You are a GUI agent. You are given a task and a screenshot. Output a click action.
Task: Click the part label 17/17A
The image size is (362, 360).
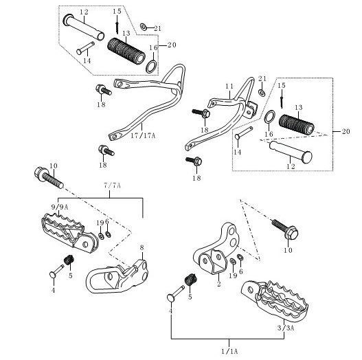point(143,135)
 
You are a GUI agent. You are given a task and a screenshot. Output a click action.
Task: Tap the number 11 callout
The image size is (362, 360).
point(229,87)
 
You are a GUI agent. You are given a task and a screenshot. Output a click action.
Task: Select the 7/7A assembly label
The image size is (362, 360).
point(113,185)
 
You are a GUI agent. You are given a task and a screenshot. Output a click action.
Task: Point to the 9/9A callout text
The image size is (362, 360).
point(60,207)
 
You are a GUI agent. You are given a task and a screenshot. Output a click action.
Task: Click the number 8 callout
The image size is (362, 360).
point(142,247)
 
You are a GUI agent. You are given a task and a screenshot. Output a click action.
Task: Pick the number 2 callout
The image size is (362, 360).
point(219,284)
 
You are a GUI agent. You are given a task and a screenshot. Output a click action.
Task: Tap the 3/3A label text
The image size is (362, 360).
point(286,328)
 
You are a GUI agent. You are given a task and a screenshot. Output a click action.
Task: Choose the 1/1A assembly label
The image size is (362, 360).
point(229,352)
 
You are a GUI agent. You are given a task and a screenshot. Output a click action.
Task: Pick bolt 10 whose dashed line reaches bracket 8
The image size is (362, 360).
point(49,178)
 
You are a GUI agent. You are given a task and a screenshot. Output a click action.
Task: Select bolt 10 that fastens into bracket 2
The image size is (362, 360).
point(285,229)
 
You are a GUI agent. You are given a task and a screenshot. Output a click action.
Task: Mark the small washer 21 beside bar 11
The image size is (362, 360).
point(262,93)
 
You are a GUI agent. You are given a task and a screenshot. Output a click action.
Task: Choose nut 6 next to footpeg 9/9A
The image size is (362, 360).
point(108,234)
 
